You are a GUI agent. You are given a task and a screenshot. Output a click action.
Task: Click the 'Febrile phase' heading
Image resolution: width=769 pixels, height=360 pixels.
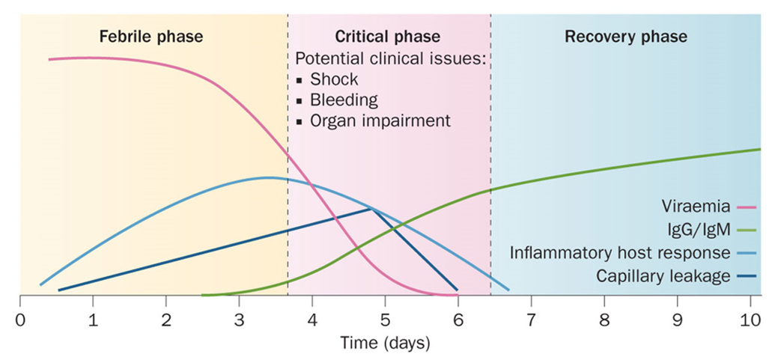click(152, 36)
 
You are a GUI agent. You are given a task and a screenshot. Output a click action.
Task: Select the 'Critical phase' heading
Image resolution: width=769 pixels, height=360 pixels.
click(387, 36)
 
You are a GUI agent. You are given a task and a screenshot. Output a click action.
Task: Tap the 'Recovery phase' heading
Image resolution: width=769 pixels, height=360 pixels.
click(626, 36)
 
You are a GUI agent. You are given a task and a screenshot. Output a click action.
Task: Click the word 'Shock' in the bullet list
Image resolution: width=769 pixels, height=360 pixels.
click(334, 79)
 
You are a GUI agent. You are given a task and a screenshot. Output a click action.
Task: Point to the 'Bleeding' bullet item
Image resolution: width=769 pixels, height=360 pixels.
click(344, 100)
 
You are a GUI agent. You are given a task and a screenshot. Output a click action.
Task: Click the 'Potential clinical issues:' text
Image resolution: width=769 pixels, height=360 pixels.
click(392, 58)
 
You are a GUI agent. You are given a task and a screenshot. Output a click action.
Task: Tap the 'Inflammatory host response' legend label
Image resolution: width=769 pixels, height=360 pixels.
click(619, 253)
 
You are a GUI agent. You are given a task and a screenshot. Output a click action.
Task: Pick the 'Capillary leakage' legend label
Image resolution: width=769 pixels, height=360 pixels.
click(663, 276)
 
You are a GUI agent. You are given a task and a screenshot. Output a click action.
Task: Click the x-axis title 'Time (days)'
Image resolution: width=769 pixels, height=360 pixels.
click(384, 344)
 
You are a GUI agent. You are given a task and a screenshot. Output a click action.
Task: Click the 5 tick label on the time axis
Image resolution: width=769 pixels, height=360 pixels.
click(385, 322)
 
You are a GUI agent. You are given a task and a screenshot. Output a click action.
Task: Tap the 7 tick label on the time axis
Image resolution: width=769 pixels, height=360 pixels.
click(531, 322)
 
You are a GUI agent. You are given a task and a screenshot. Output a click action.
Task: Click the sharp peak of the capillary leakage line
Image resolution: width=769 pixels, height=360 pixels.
click(372, 209)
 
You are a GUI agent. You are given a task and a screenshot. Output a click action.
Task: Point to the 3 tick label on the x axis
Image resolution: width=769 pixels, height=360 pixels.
click(239, 322)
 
